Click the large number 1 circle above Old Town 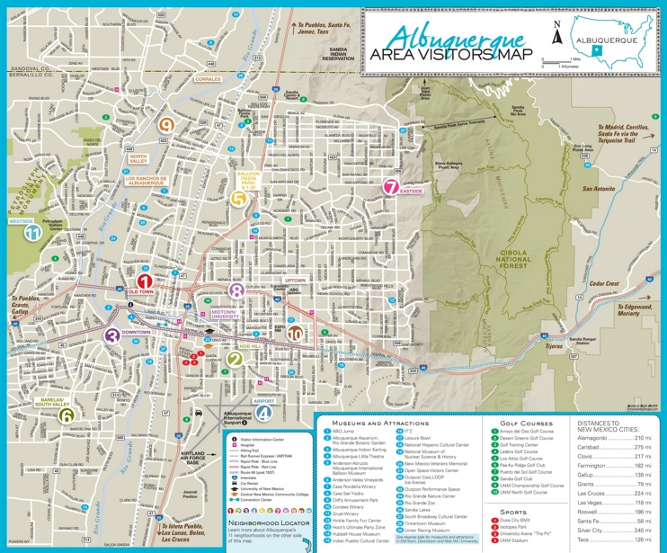pos(142,281)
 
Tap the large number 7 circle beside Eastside pos(390,187)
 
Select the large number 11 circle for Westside pos(33,232)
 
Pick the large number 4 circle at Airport pos(262,413)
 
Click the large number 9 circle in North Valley pos(166,126)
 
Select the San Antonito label pos(598,189)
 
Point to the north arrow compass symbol pos(557,34)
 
